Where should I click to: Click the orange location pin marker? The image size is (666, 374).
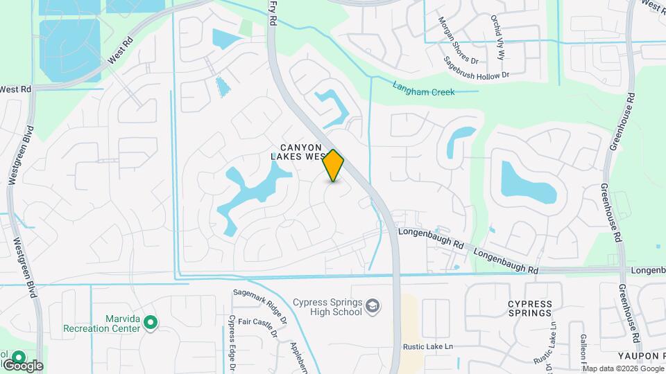click(334, 165)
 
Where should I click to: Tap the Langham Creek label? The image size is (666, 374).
click(423, 88)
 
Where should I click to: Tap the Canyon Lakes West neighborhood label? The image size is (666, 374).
click(301, 152)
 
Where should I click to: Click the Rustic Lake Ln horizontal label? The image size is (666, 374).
click(427, 346)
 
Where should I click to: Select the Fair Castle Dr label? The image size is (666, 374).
click(258, 326)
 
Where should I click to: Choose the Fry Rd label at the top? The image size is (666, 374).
click(272, 13)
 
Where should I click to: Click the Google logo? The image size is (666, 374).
click(23, 365)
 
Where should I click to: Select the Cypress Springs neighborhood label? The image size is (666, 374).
click(529, 308)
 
